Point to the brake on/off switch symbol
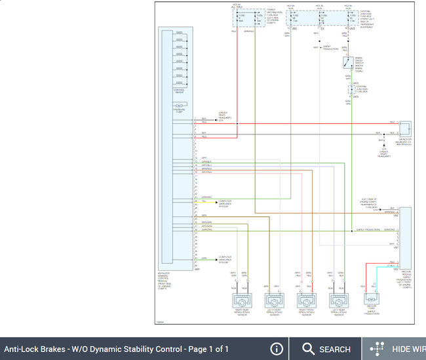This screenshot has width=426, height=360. tap(347, 64)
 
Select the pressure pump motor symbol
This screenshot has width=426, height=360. tap(178, 106)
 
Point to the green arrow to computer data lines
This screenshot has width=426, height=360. tap(214, 260)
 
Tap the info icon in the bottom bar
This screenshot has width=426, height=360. tap(277, 349)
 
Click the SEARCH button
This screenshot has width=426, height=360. tap(326, 349)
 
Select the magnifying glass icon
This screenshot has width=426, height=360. tap(309, 349)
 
